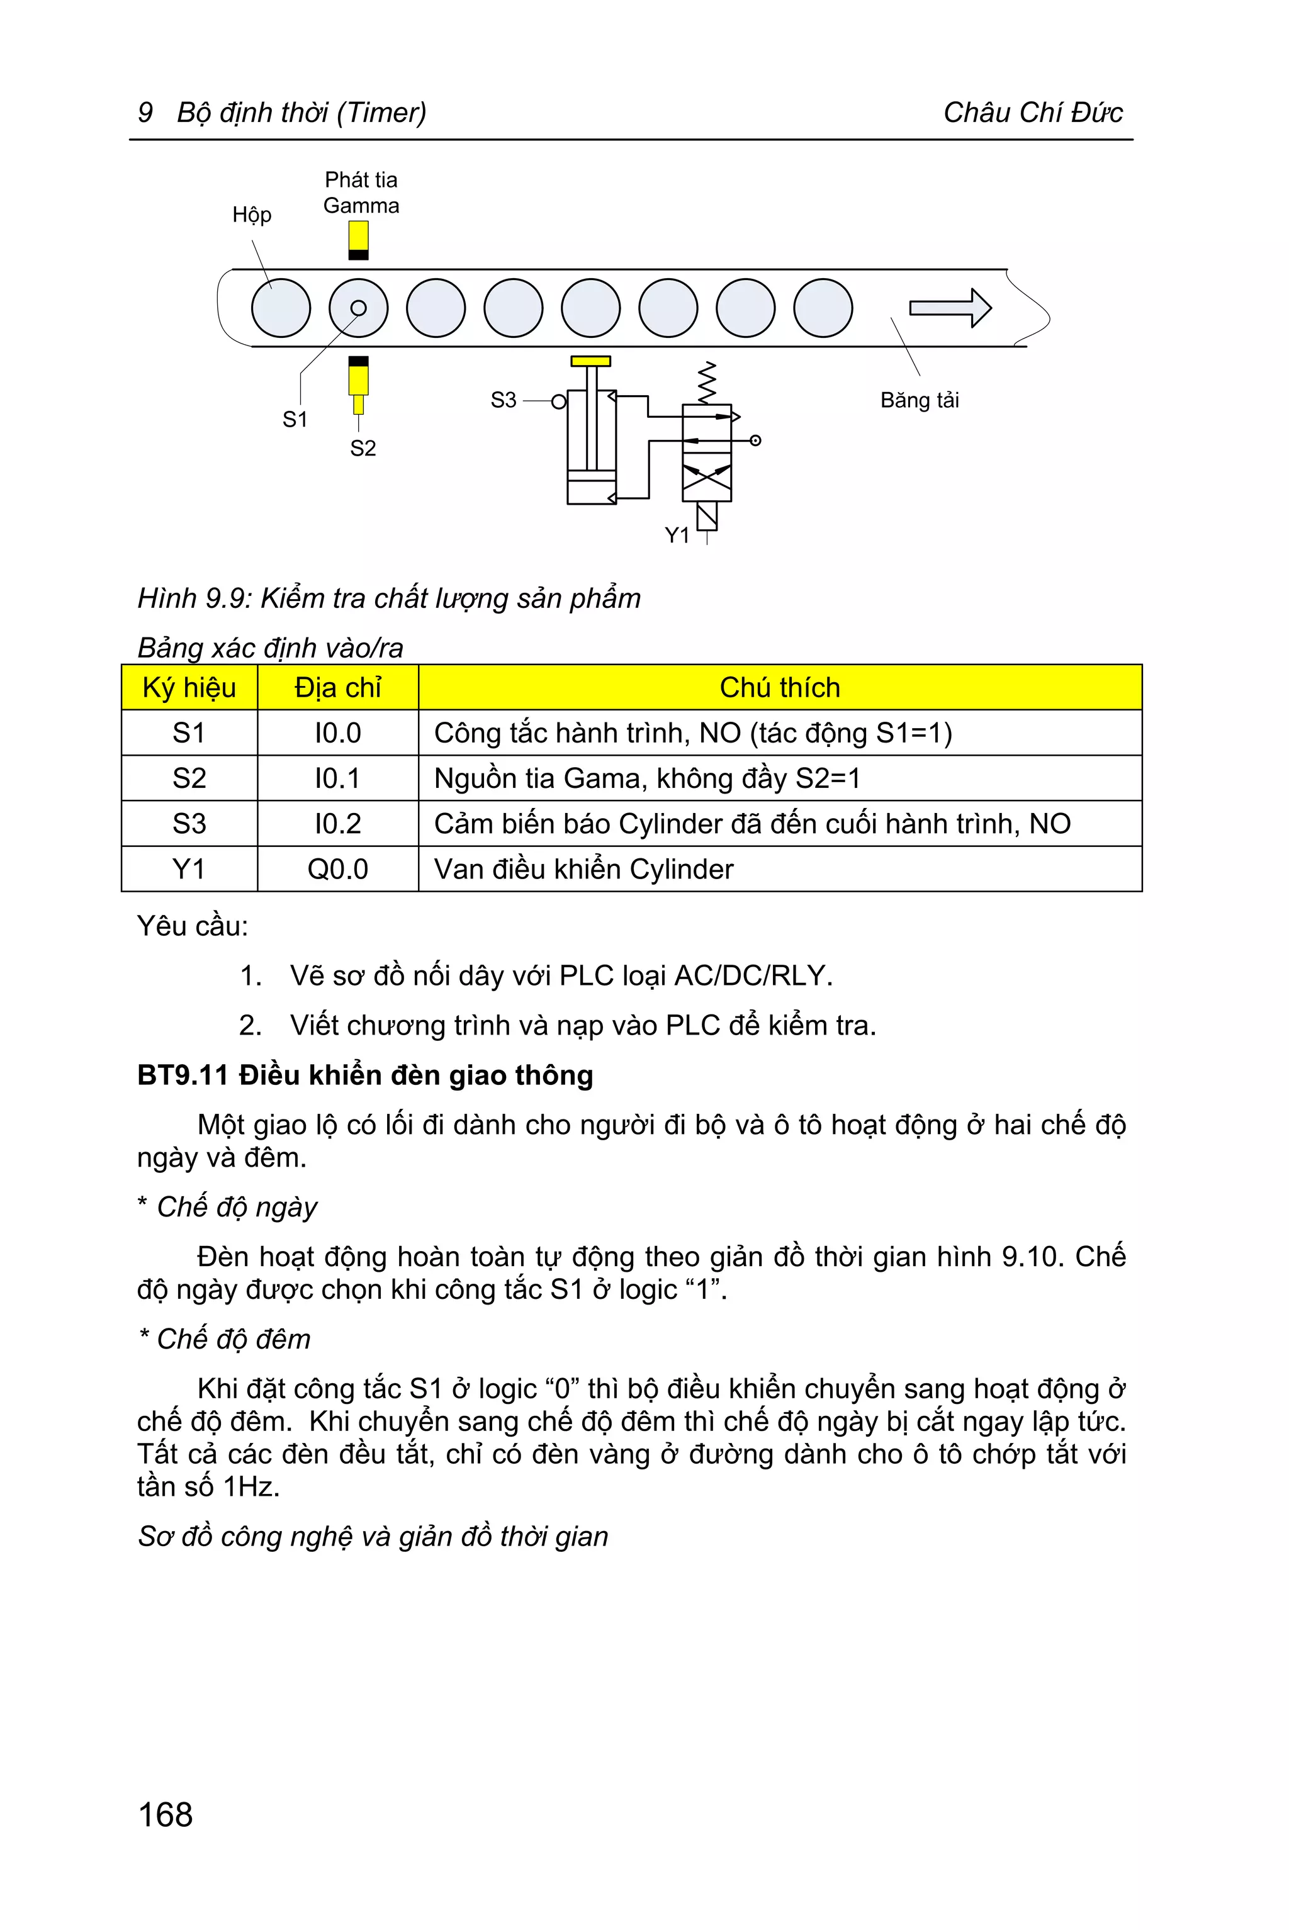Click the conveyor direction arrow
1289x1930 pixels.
click(950, 308)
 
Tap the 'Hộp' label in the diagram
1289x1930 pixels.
click(252, 215)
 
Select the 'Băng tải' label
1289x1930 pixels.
click(919, 400)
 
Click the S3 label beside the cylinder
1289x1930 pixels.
click(503, 400)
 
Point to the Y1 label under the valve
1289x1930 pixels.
click(677, 536)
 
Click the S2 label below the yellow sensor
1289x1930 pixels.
click(363, 448)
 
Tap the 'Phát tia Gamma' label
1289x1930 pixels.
click(361, 193)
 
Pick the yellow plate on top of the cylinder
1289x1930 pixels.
click(590, 361)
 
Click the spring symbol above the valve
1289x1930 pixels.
click(706, 381)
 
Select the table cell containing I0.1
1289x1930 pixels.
click(337, 778)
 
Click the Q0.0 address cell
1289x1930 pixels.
click(337, 869)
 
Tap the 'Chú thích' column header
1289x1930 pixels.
click(779, 687)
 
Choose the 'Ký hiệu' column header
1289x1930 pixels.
click(189, 687)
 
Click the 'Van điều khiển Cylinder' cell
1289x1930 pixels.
click(583, 869)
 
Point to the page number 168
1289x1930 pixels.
click(166, 1814)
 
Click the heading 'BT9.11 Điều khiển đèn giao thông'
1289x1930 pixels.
click(365, 1075)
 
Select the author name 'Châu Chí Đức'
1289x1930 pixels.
click(1032, 113)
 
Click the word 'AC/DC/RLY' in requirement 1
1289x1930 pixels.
click(752, 975)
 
